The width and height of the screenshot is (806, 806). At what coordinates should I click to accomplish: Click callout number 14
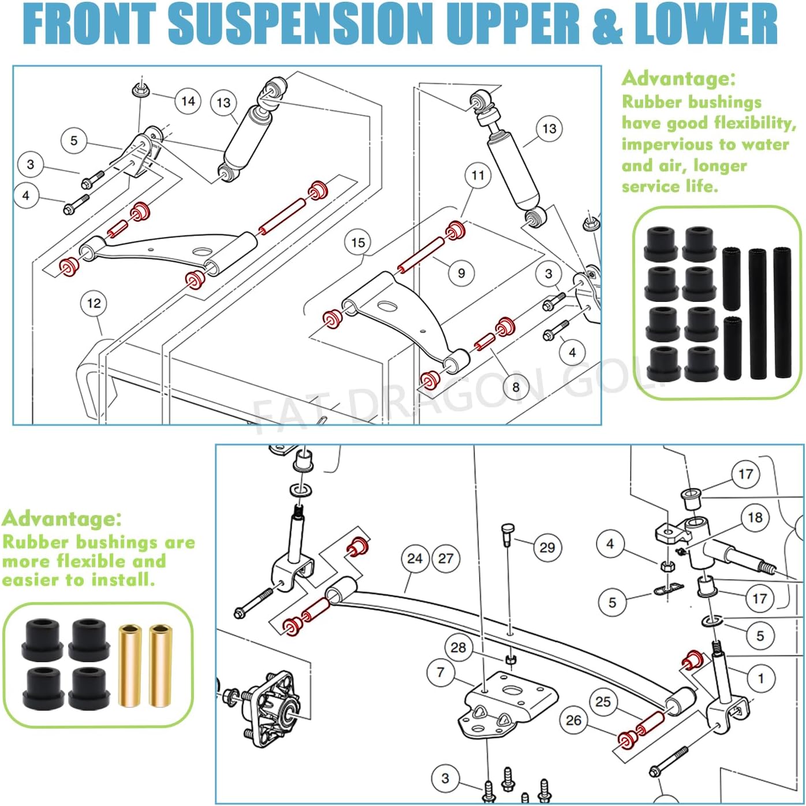click(x=188, y=101)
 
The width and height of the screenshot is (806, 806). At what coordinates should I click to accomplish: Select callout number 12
click(x=94, y=303)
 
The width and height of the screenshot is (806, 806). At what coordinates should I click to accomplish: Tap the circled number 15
click(x=358, y=242)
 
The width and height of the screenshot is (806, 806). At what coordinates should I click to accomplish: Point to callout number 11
click(x=477, y=175)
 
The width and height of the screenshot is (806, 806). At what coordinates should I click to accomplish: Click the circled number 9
click(x=461, y=273)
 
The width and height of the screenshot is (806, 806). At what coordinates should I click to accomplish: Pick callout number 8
click(x=515, y=386)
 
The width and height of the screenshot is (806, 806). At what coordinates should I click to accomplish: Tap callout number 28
click(x=458, y=647)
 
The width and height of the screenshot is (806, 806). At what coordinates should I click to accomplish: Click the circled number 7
click(x=441, y=672)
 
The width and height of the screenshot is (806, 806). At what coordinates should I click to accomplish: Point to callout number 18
click(x=755, y=517)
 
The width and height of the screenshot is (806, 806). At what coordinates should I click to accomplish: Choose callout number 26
click(x=573, y=720)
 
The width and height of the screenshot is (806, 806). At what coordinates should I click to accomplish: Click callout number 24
click(x=415, y=558)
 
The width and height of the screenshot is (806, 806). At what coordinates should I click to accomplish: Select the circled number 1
click(x=760, y=678)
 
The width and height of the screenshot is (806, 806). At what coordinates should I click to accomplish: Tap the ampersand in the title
click(x=606, y=24)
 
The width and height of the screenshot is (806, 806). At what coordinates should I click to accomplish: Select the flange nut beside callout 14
click(x=139, y=90)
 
